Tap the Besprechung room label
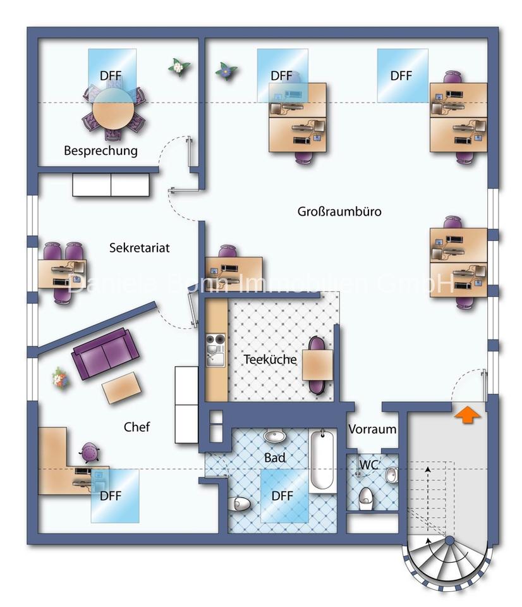click(x=100, y=151)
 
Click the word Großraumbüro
click(x=339, y=211)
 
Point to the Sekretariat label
click(x=139, y=248)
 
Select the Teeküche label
click(x=270, y=359)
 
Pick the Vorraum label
click(x=372, y=429)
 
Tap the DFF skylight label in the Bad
click(x=282, y=496)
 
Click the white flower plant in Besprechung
click(x=178, y=66)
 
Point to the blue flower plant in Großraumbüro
click(x=225, y=71)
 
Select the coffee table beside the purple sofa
click(x=122, y=386)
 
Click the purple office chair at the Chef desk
click(x=89, y=453)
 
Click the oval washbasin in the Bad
click(x=275, y=437)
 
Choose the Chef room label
click(x=137, y=427)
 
